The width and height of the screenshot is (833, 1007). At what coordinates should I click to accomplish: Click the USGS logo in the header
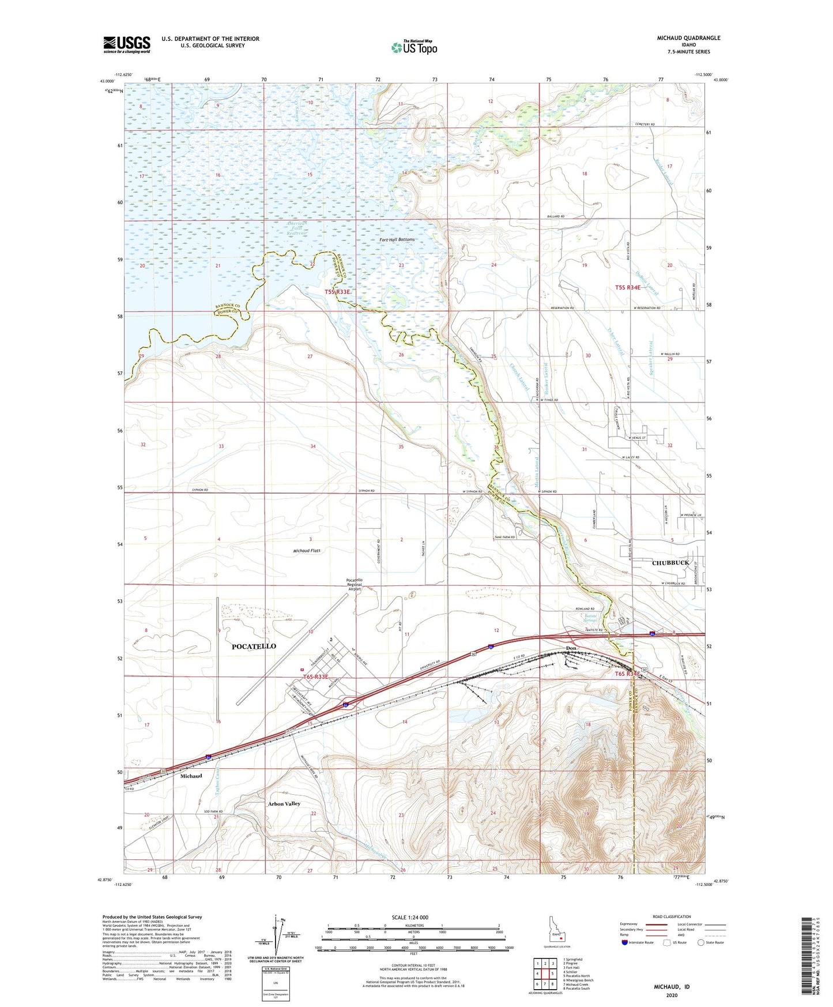point(127,44)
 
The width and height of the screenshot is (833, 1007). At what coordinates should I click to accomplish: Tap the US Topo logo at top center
point(413,48)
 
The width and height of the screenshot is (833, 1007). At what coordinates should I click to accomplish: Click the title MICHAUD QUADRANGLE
point(688,38)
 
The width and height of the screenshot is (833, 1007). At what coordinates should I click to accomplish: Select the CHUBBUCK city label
point(670,562)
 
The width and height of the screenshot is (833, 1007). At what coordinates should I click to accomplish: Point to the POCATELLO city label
point(254,646)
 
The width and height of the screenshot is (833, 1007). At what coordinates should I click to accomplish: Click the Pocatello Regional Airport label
point(354,584)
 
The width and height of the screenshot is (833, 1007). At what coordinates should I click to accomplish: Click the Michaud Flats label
point(307,550)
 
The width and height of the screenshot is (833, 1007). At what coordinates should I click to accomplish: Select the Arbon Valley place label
point(284,803)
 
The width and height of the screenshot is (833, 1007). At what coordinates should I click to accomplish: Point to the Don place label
point(571,648)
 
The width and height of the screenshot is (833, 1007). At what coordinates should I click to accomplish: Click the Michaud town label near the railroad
point(191,776)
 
